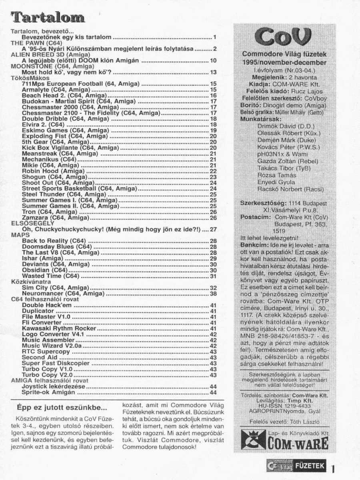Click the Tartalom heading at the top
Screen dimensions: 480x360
48,17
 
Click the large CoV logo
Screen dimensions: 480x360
284,38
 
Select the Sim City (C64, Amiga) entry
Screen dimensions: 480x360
56,288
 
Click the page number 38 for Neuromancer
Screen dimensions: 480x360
213,294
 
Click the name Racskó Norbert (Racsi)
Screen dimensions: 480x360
290,189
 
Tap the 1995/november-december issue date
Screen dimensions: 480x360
284,62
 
